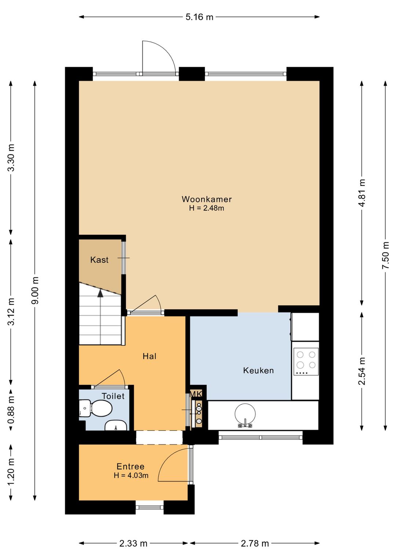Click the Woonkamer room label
click(207, 199)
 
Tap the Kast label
click(99, 260)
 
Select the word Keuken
click(258, 371)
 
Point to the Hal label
click(149, 356)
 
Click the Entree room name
click(131, 466)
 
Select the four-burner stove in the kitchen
click(306, 361)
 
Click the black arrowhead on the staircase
click(100, 293)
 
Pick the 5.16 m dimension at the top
click(199, 17)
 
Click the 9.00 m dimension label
click(35, 290)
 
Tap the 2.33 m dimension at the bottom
click(133, 542)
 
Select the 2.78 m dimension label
click(255, 542)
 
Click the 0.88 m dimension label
click(11, 410)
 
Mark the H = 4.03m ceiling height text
click(131, 475)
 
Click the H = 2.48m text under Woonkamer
click(207, 208)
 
